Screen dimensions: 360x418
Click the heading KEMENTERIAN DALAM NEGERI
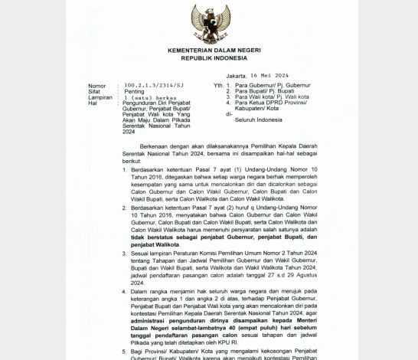tap(209, 50)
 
